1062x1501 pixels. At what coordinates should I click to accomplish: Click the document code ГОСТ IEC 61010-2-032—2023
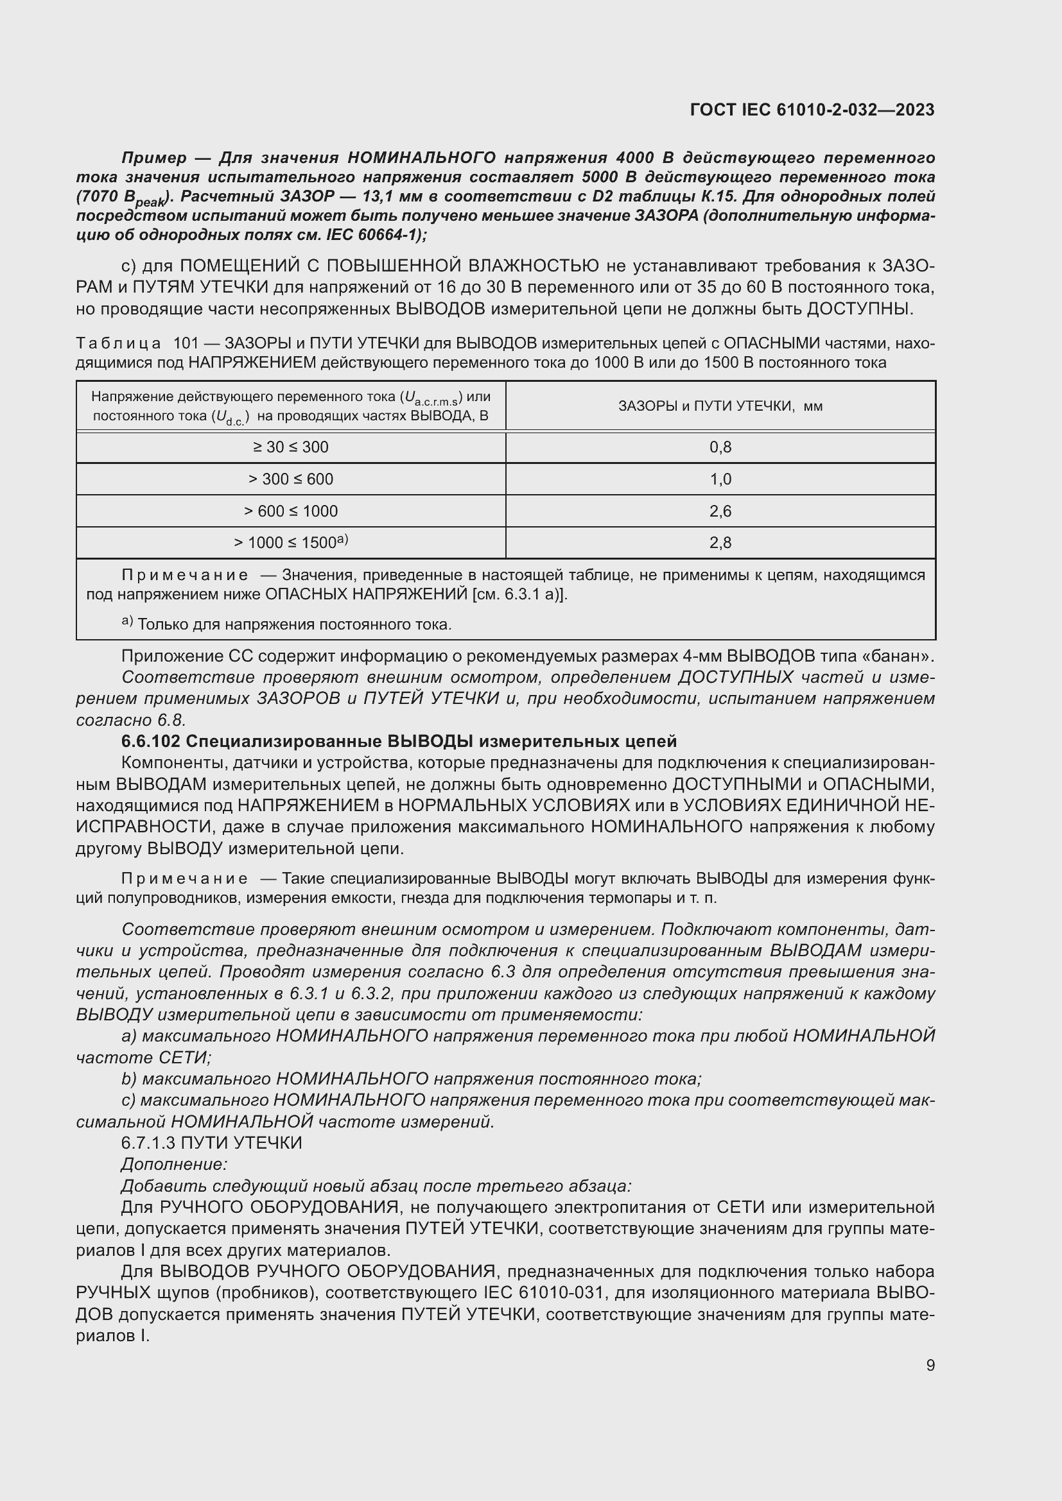pos(812,110)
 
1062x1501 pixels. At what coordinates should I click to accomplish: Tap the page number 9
pos(930,1366)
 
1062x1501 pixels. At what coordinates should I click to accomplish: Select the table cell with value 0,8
pos(720,447)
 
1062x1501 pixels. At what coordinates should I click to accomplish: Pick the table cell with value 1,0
pos(720,479)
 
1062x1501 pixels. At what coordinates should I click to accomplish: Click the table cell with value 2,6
pos(720,511)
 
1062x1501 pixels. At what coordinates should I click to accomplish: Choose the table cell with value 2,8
pos(720,543)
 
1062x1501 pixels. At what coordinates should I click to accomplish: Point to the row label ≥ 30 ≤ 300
pos(291,447)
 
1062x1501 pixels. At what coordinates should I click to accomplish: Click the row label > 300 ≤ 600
pos(291,479)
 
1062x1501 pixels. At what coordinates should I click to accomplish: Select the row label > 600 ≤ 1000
pos(291,511)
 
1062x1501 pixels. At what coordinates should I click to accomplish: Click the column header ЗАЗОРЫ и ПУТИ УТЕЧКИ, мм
pos(720,406)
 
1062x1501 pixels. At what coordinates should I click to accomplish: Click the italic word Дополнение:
pos(174,1164)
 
